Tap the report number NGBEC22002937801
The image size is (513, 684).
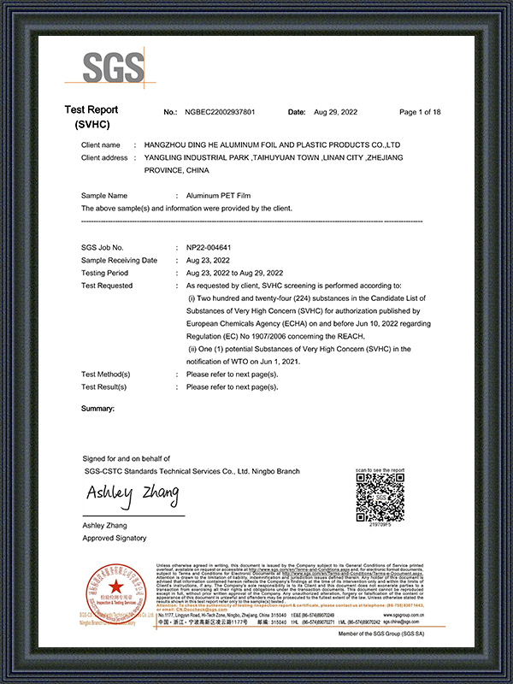pos(220,113)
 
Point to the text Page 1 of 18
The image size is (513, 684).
pos(420,113)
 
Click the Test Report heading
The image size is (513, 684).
pos(91,110)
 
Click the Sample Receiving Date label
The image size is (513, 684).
pos(119,260)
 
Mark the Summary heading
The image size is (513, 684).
pos(97,409)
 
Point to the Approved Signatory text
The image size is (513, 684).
pos(114,538)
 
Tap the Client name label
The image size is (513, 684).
pos(101,145)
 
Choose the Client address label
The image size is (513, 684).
pos(104,158)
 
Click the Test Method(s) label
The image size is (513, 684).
pos(105,374)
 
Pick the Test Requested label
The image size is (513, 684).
pos(107,286)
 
